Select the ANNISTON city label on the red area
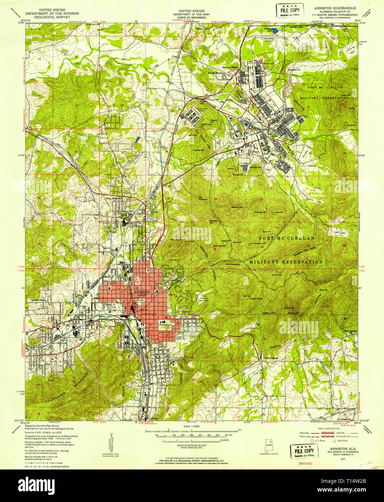pyautogui.click(x=141, y=291)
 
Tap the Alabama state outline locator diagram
pyautogui.click(x=269, y=443)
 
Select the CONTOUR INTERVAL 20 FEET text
pyautogui.click(x=192, y=447)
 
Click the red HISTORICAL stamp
pyautogui.click(x=305, y=463)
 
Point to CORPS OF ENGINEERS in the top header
pyautogui.click(x=192, y=17)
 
